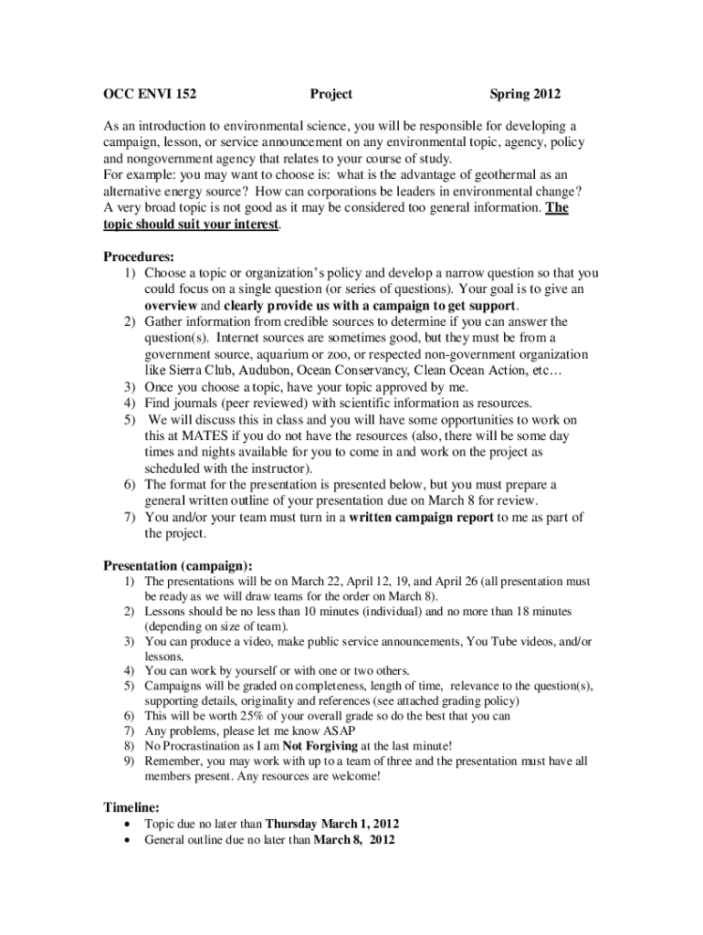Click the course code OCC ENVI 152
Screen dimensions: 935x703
pos(150,94)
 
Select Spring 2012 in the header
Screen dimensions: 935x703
pos(525,94)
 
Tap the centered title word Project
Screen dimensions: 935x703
pos(331,94)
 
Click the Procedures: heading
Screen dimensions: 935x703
pos(139,257)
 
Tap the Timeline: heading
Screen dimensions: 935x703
pos(131,807)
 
